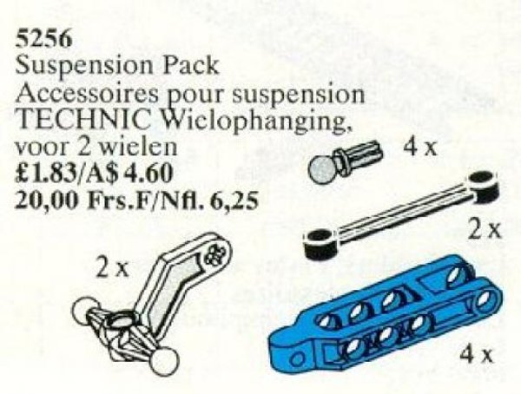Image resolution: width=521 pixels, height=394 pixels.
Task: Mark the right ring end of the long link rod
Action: [x=481, y=182]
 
